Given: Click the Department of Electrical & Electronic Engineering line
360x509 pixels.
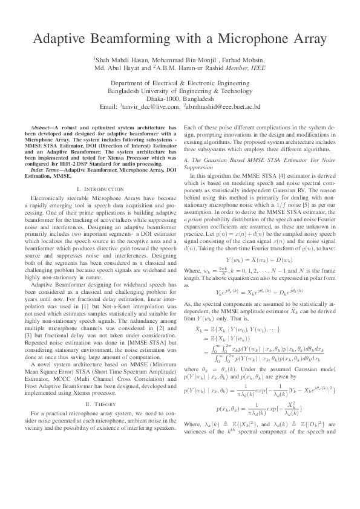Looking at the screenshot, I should pos(180,83).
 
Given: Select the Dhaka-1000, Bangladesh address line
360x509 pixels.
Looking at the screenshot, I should pos(180,99).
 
